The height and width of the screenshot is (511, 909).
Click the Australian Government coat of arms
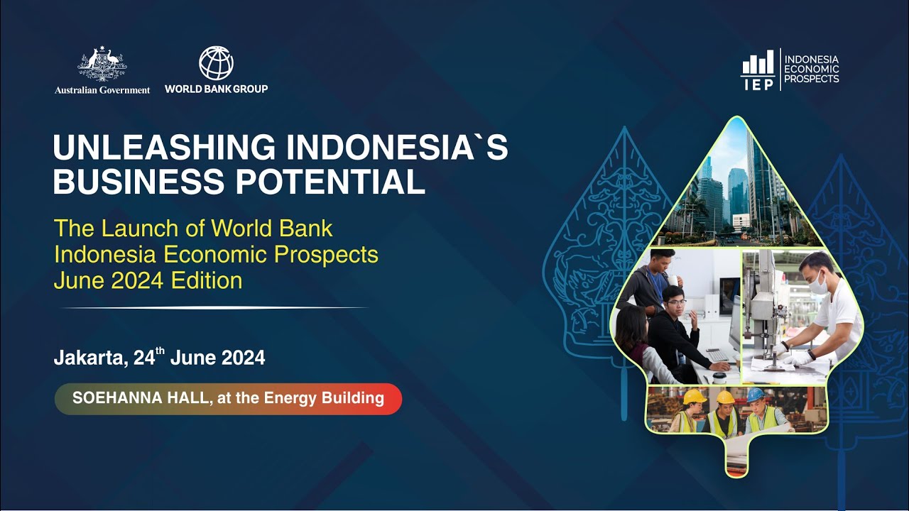click(x=102, y=65)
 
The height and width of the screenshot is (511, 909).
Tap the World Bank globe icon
click(x=216, y=63)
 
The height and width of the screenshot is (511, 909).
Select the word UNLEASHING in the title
click(x=164, y=148)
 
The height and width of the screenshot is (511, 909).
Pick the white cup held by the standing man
click(x=673, y=280)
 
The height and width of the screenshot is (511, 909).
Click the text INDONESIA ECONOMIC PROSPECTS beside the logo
click(x=812, y=69)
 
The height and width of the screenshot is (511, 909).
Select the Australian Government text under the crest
click(x=102, y=90)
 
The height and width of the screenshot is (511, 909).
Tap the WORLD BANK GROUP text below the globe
click(x=216, y=89)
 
